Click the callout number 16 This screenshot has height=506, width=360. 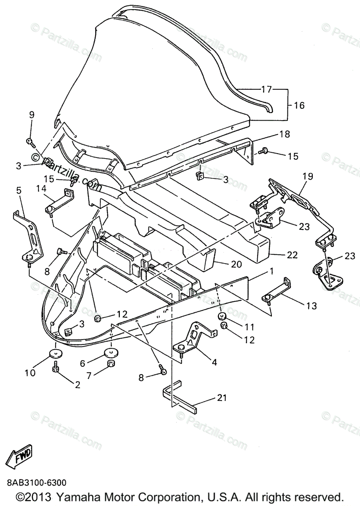pyautogui.click(x=299, y=105)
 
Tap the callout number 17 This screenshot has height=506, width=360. pyautogui.click(x=266, y=89)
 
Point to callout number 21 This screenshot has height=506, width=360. pyautogui.click(x=222, y=398)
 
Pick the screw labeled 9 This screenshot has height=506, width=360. pyautogui.click(x=30, y=142)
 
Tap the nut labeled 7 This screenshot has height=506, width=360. pyautogui.click(x=112, y=364)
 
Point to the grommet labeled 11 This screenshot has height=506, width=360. pyautogui.click(x=222, y=316)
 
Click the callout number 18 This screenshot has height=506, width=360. pyautogui.click(x=285, y=134)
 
